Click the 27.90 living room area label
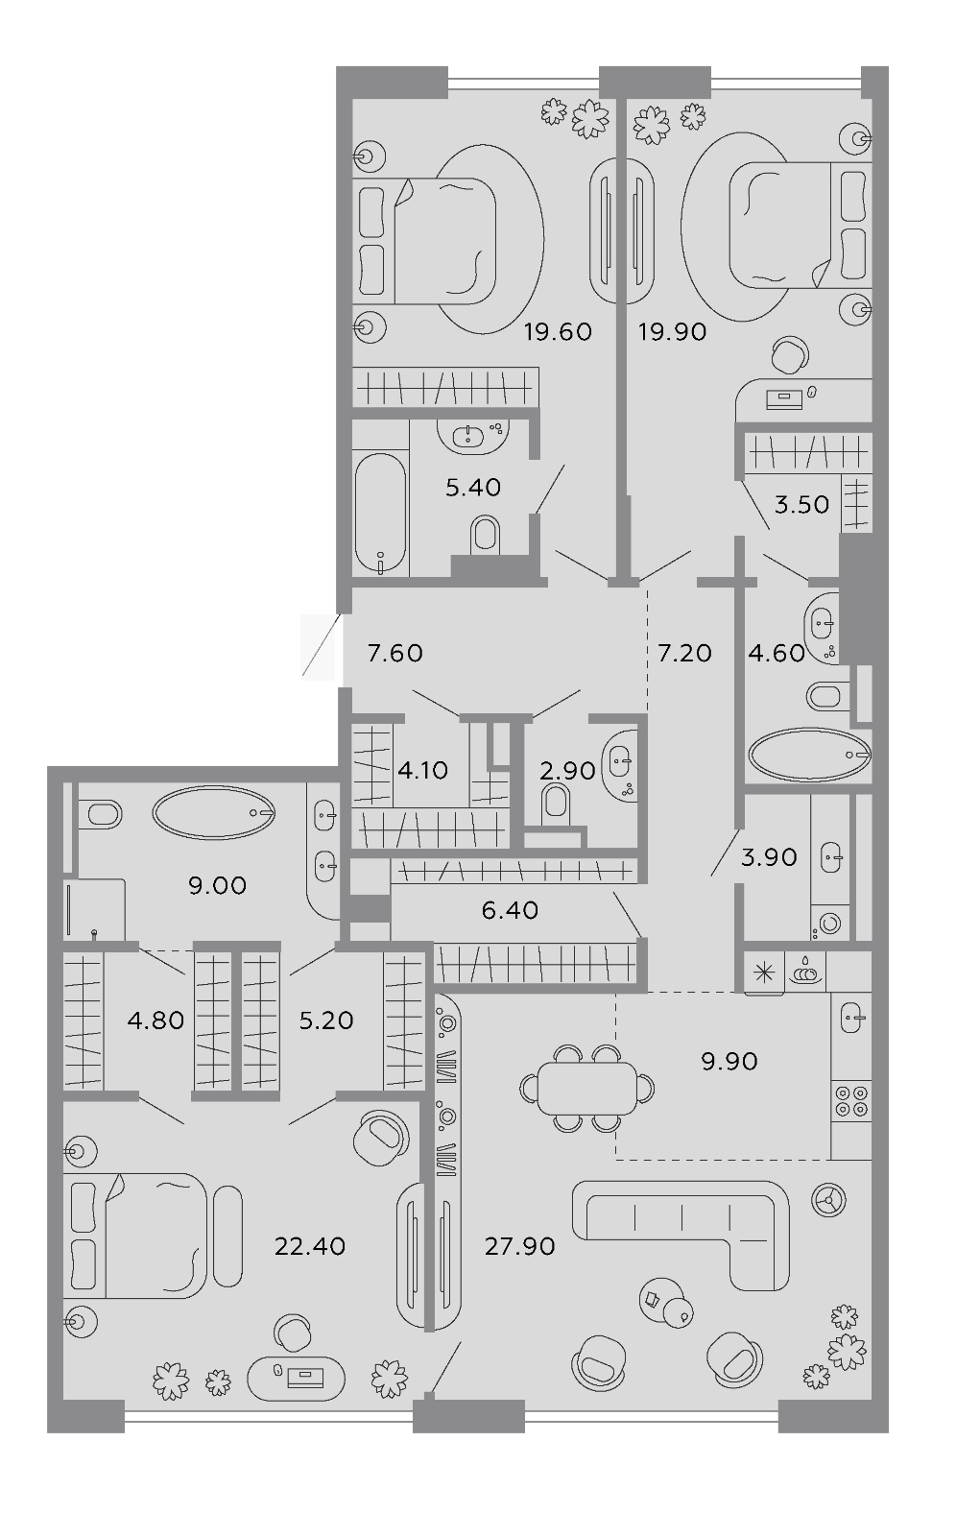pyautogui.click(x=520, y=1246)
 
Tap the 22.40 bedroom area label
pyautogui.click(x=310, y=1246)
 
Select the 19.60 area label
pyautogui.click(x=559, y=331)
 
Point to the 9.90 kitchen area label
pyautogui.click(x=729, y=1061)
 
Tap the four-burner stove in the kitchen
pyautogui.click(x=851, y=1100)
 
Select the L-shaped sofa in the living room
pyautogui.click(x=681, y=1237)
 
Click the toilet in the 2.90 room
pyautogui.click(x=557, y=805)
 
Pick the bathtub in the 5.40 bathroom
pyautogui.click(x=381, y=514)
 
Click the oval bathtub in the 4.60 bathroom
pyautogui.click(x=810, y=755)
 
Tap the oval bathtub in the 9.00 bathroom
pyautogui.click(x=214, y=812)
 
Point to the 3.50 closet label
pyautogui.click(x=801, y=505)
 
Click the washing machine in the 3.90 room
pyautogui.click(x=829, y=923)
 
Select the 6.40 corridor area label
pyautogui.click(x=510, y=910)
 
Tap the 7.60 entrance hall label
pyautogui.click(x=394, y=653)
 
